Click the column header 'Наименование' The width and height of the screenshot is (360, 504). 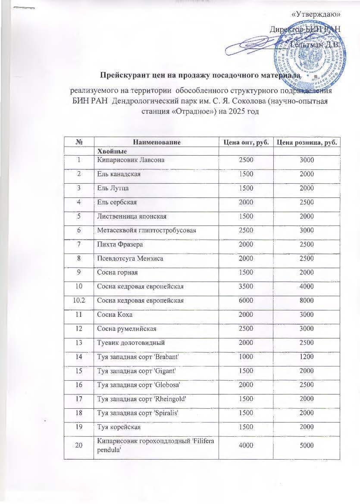point(154,142)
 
